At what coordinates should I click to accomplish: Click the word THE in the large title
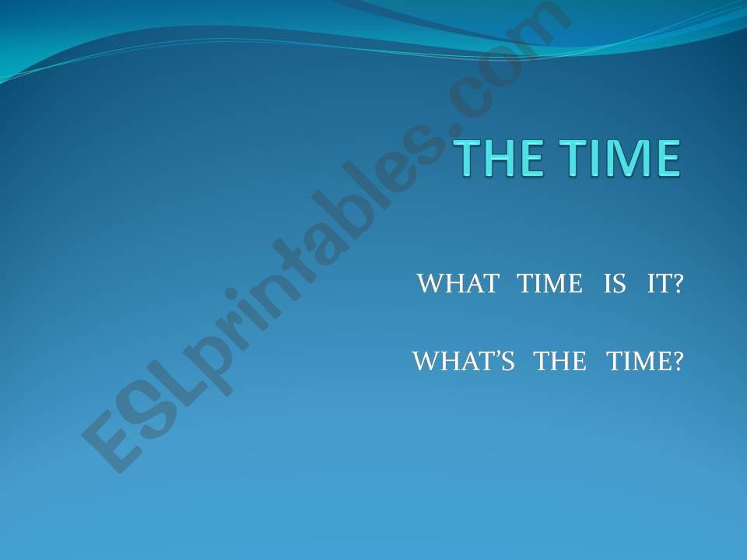point(499,158)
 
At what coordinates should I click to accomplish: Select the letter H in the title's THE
point(500,158)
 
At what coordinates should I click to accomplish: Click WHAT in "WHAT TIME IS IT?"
point(458,283)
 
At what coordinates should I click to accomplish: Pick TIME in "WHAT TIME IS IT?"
point(550,283)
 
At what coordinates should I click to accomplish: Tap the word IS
point(615,283)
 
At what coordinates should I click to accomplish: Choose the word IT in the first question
point(657,283)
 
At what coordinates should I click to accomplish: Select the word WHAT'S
point(464,360)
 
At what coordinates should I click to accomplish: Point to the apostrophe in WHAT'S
point(500,355)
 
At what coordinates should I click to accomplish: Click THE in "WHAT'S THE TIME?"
point(560,360)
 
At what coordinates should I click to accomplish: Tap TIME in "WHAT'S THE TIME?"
point(637,360)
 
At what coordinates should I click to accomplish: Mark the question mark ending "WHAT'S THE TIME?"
point(676,360)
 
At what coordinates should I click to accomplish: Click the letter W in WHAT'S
point(425,360)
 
